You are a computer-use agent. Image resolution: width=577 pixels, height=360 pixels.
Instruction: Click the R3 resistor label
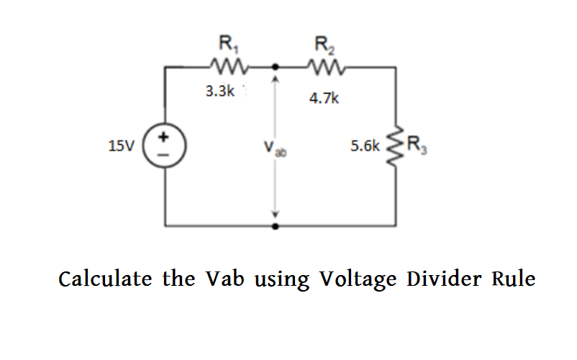click(417, 145)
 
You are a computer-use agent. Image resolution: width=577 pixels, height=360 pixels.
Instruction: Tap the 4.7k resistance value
click(324, 98)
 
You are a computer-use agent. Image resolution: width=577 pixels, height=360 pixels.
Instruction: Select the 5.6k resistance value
click(365, 145)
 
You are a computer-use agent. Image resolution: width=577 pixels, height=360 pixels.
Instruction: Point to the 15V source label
click(121, 146)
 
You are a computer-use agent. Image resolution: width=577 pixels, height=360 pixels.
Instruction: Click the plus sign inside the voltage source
click(165, 136)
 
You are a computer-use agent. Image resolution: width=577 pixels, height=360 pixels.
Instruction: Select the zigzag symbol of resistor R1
click(230, 67)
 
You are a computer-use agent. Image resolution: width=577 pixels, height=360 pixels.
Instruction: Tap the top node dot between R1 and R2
click(273, 67)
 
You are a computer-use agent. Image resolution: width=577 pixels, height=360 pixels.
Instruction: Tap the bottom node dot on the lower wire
click(273, 225)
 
